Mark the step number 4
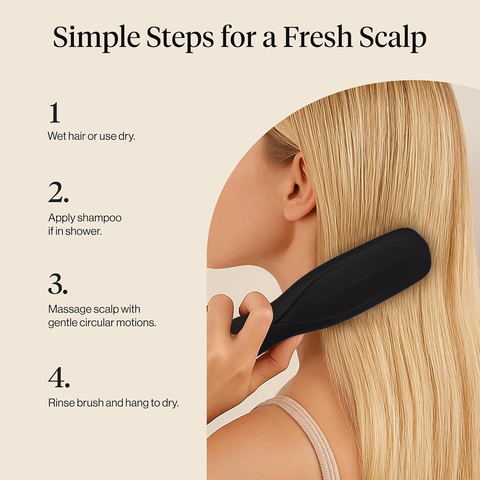[x=59, y=378]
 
